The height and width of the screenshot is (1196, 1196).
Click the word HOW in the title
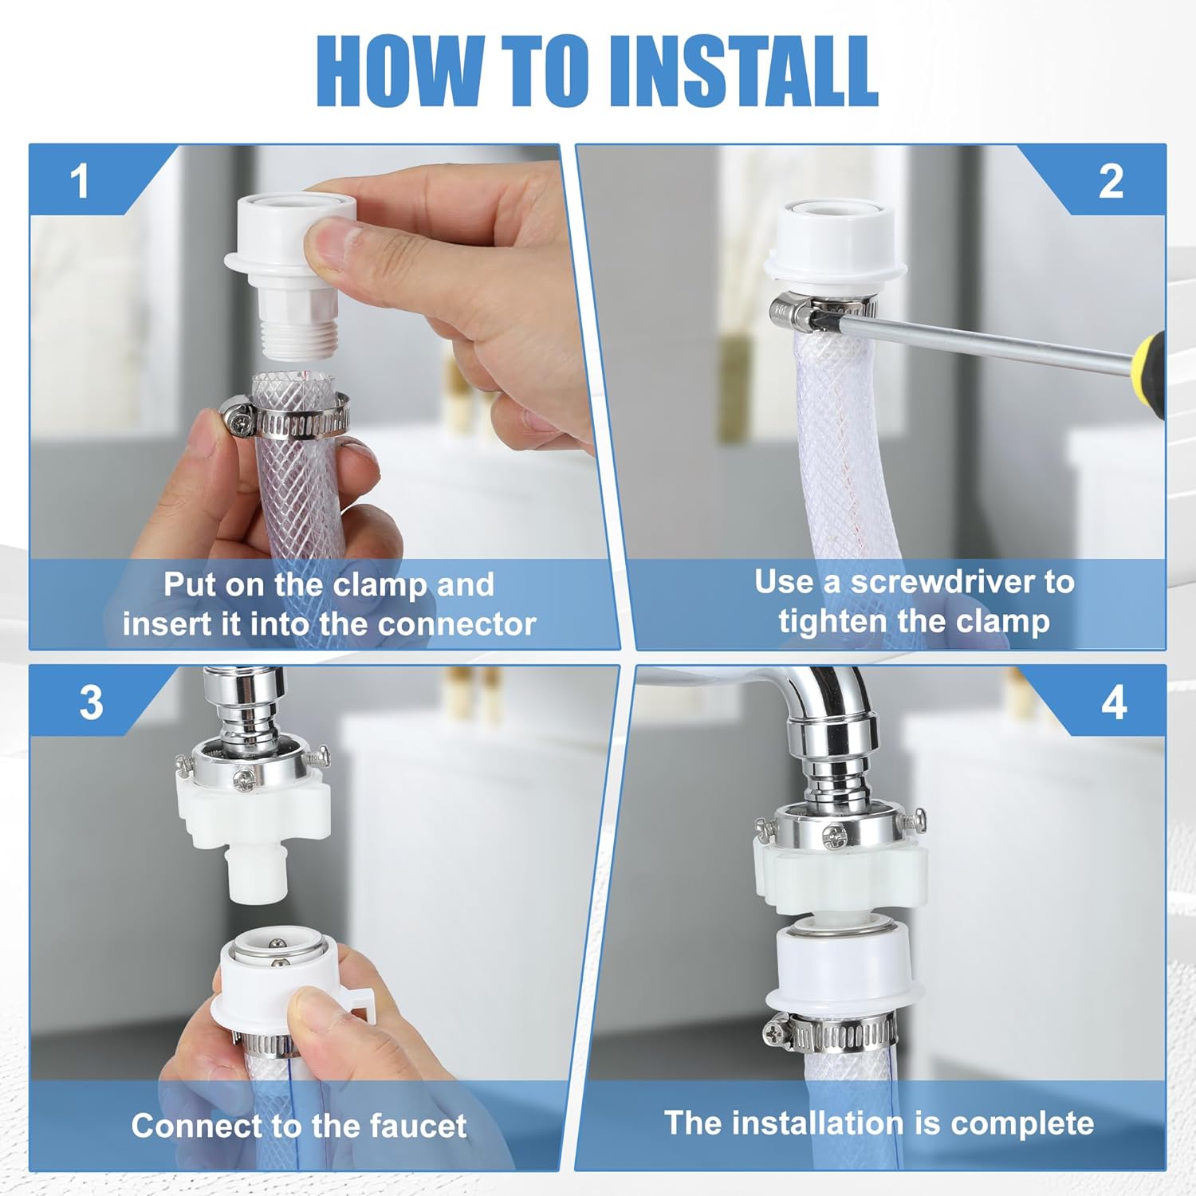pos(399,71)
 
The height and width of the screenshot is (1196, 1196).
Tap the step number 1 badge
pos(79,181)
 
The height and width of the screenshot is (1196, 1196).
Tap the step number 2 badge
pos(1111,182)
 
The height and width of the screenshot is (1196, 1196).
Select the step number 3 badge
pos(91,702)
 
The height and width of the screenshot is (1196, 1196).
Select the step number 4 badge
pos(1114,702)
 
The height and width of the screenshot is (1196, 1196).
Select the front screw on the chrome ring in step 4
pos(836,836)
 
